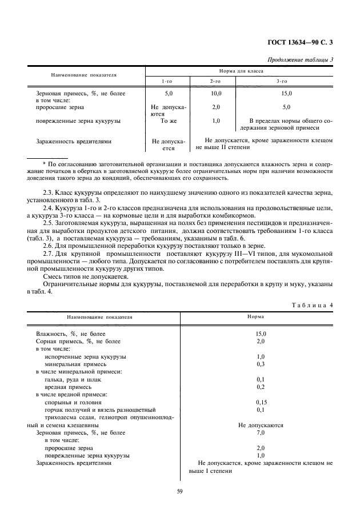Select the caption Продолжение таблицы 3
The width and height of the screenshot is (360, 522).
click(x=301, y=61)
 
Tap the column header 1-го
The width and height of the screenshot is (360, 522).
click(x=167, y=82)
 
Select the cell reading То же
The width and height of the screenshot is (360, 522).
click(x=167, y=121)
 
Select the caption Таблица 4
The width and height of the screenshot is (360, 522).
click(x=312, y=304)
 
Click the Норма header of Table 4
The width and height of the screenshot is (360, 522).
click(x=255, y=315)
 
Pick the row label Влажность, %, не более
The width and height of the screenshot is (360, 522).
click(x=71, y=333)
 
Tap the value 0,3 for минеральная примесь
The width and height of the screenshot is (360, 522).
click(x=260, y=364)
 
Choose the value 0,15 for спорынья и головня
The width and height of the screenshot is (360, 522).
click(x=260, y=402)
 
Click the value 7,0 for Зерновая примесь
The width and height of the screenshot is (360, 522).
click(x=260, y=433)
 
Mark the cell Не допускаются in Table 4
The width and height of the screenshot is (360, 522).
click(x=260, y=425)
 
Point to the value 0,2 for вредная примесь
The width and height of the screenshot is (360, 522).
click(x=260, y=387)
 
